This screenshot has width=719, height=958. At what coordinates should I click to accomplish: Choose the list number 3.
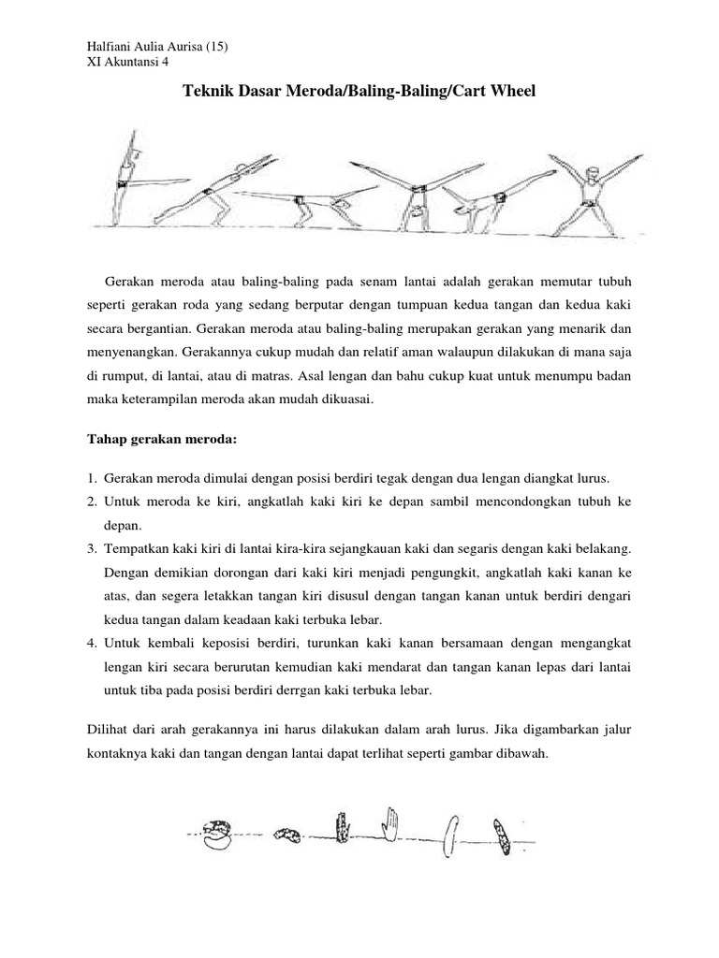pyautogui.click(x=94, y=546)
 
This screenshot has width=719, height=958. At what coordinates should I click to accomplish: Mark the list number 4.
pyautogui.click(x=94, y=644)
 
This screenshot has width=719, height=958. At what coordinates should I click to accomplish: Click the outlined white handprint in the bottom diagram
pyautogui.click(x=390, y=823)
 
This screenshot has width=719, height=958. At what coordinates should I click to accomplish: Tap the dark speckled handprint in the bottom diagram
pyautogui.click(x=342, y=826)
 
